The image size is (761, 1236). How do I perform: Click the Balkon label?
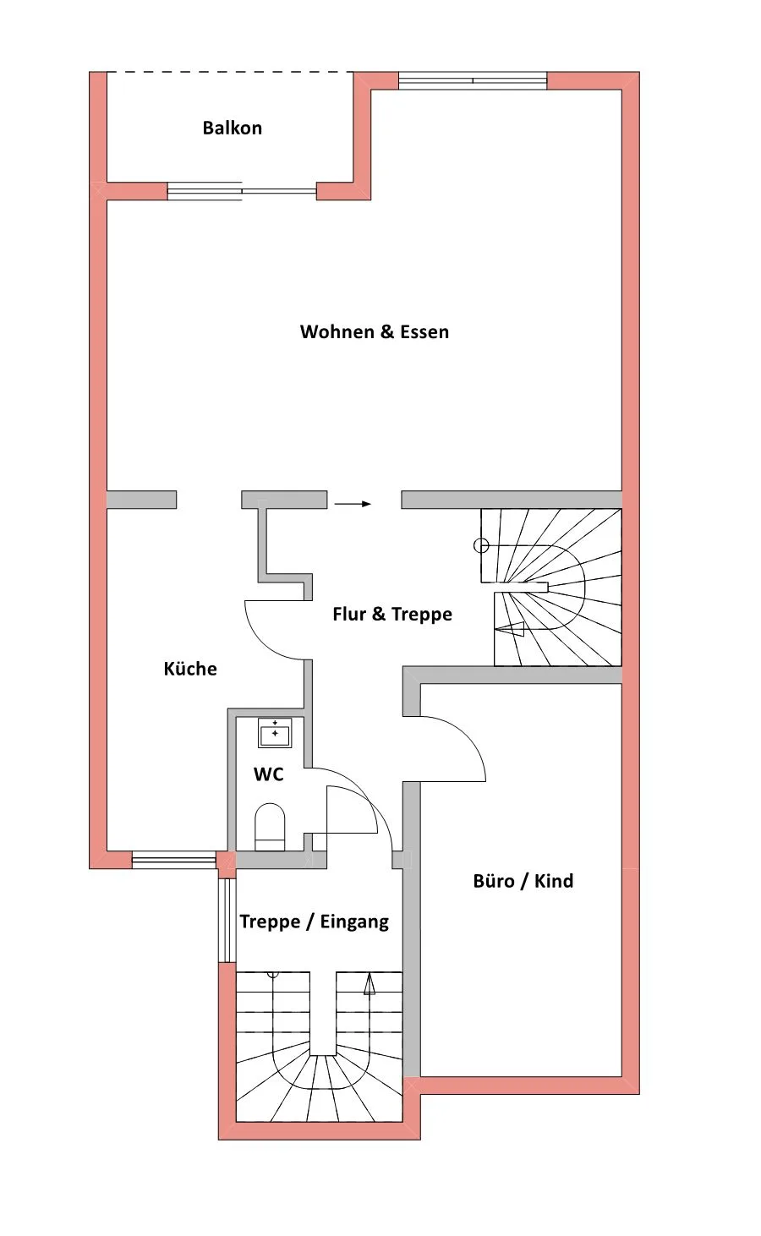click(232, 128)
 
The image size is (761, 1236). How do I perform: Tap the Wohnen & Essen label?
click(374, 331)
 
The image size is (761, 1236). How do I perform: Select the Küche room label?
click(190, 668)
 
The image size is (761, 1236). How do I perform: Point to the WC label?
click(269, 774)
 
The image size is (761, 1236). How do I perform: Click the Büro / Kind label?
click(523, 881)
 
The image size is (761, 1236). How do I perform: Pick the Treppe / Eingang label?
click(314, 922)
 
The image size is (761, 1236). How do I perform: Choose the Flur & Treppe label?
click(392, 614)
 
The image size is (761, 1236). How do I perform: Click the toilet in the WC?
click(270, 826)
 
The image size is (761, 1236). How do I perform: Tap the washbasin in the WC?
click(275, 733)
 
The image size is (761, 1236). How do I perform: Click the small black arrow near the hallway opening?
click(353, 504)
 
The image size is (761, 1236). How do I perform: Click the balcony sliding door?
click(242, 191)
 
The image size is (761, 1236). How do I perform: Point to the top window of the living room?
click(473, 80)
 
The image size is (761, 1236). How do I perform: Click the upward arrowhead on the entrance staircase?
click(370, 984)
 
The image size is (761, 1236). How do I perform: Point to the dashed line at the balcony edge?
click(230, 72)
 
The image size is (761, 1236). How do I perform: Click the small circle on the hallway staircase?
click(481, 545)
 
